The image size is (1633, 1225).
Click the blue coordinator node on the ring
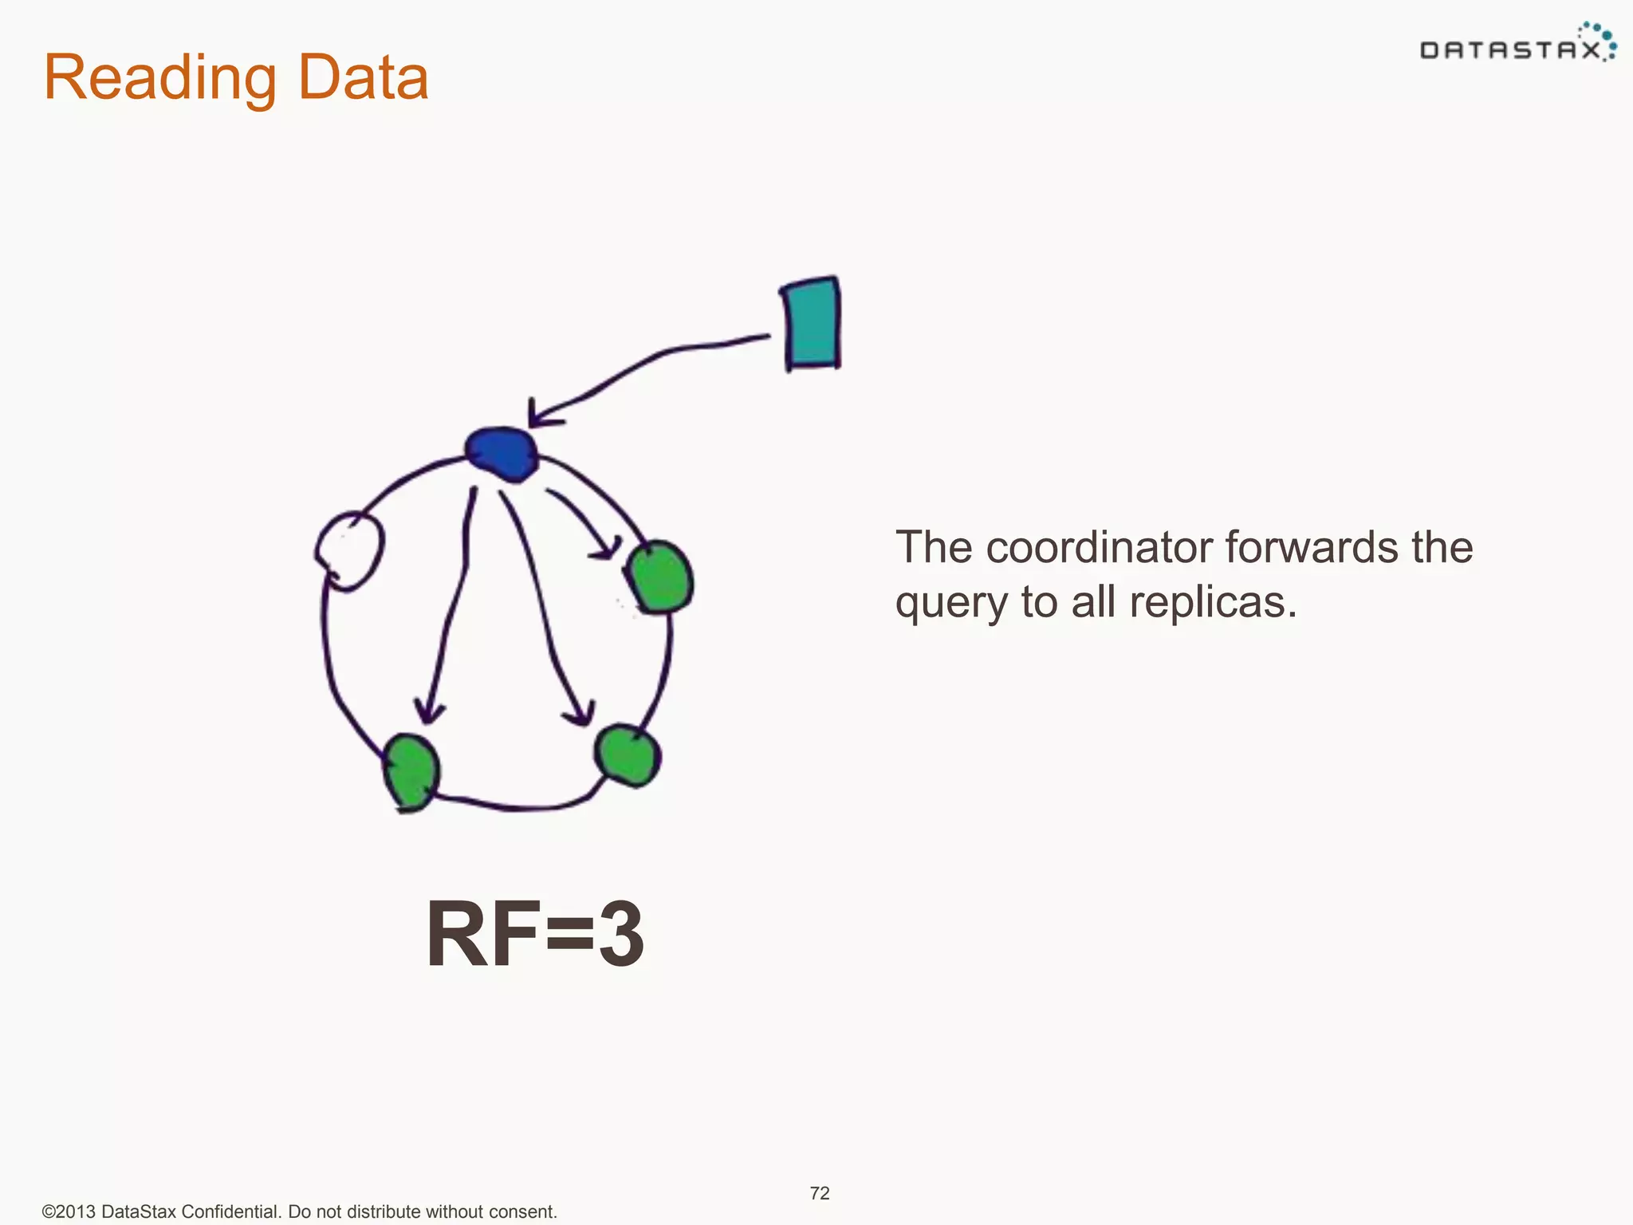point(502,454)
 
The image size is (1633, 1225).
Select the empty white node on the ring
point(350,549)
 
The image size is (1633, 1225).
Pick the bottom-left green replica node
point(411,770)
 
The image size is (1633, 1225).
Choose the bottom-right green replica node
point(628,754)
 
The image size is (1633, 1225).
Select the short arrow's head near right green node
point(608,549)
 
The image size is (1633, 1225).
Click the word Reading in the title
point(160,78)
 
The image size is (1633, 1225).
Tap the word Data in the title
point(363,78)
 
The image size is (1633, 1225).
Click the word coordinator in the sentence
point(1101,548)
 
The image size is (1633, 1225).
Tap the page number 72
point(820,1193)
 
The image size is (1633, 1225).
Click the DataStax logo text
point(1509,51)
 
